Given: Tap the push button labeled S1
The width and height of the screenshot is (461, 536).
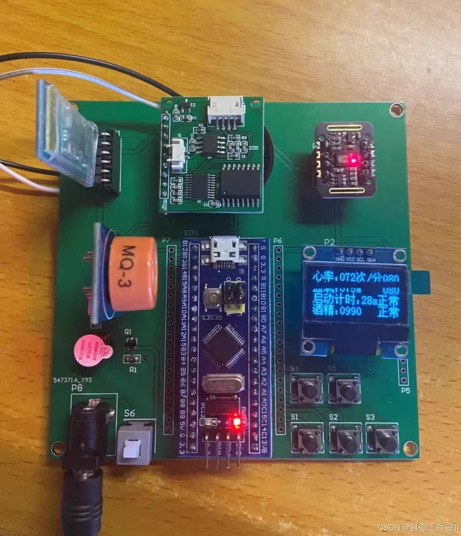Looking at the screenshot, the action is pos(307,439).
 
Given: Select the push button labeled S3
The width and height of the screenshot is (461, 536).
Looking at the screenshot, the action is pos(382,439).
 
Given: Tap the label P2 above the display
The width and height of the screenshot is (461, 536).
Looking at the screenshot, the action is pos(329,242).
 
